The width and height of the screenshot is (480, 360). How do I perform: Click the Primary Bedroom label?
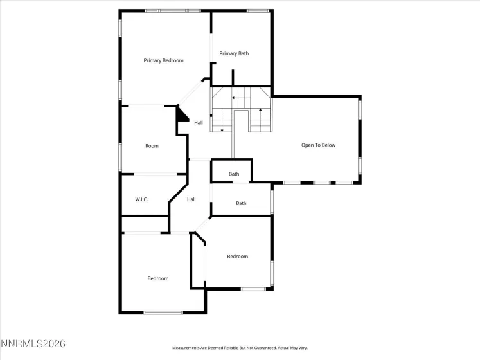(x=163, y=60)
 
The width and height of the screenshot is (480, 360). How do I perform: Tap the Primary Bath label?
(x=234, y=53)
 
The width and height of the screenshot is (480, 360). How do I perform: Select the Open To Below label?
(x=318, y=145)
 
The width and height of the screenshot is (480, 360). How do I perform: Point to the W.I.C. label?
(x=141, y=199)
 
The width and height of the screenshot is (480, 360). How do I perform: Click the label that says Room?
(x=152, y=146)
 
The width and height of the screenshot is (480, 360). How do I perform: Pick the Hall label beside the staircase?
(x=199, y=123)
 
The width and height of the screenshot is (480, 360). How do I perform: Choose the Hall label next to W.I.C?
(x=191, y=199)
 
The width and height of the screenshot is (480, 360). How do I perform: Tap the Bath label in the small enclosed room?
(x=234, y=174)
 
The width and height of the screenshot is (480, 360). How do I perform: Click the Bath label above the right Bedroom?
(x=241, y=203)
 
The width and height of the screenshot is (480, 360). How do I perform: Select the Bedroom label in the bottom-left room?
(x=157, y=278)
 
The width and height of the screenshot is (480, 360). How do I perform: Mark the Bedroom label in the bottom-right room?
(x=237, y=256)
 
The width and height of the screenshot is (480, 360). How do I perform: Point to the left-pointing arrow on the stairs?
(x=236, y=98)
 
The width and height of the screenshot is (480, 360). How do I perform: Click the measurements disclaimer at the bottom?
(x=240, y=348)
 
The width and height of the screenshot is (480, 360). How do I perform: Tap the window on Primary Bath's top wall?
(x=258, y=10)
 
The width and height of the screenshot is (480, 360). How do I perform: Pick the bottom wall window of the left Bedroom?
(x=163, y=312)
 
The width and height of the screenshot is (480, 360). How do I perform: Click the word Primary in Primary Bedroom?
(x=152, y=60)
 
